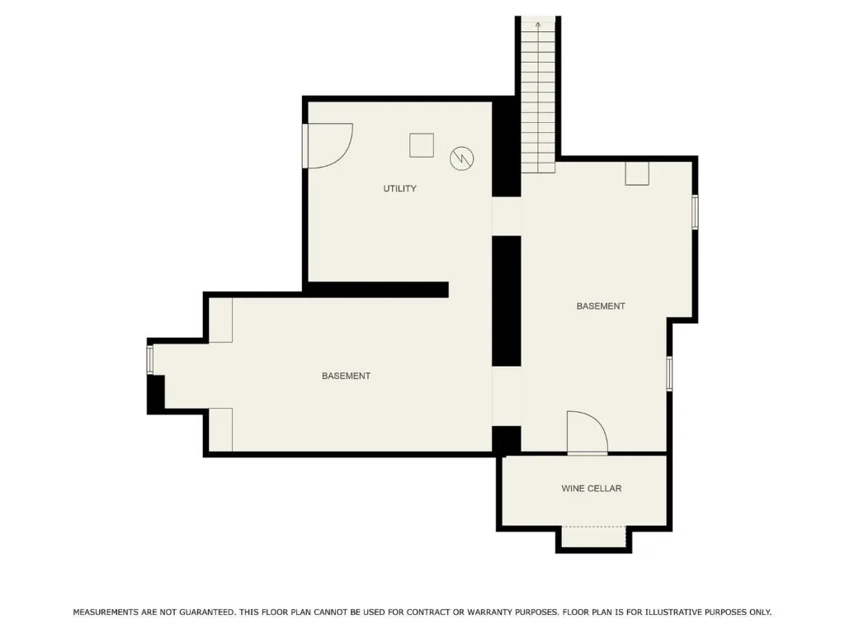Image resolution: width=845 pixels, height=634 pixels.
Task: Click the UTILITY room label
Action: [400, 189]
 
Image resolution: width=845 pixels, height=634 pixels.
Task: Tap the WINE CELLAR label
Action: [591, 489]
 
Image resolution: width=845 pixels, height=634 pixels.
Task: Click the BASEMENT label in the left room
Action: [346, 376]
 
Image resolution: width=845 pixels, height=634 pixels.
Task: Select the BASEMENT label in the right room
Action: [601, 306]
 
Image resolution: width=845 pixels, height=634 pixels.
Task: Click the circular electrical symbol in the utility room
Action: [462, 158]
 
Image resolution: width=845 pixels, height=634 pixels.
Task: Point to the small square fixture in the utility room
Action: [422, 145]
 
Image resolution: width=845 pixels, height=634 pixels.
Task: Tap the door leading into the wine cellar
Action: [587, 433]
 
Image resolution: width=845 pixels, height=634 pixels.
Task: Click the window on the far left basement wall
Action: [150, 360]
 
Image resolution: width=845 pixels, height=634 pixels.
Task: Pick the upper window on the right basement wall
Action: [695, 212]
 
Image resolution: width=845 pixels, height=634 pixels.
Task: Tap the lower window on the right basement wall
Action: [669, 373]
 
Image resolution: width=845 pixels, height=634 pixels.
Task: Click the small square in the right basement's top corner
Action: [637, 173]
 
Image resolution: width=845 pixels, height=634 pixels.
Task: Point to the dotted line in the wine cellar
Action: [594, 527]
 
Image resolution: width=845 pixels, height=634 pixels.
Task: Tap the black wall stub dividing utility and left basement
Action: [377, 290]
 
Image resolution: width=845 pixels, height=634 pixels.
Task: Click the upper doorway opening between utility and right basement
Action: [507, 216]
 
